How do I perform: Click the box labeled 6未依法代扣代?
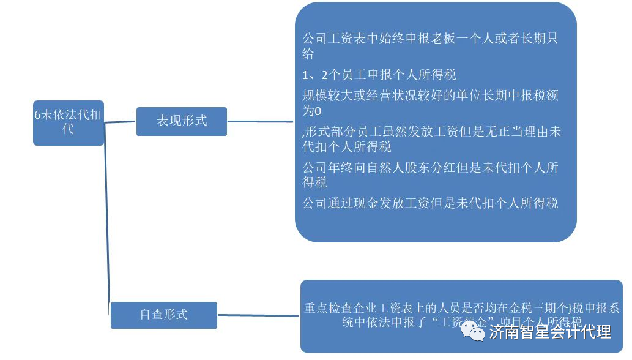[x=69, y=122]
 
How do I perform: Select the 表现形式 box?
[x=181, y=121]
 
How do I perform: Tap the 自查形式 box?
[x=163, y=315]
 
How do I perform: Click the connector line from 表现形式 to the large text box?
[x=260, y=122]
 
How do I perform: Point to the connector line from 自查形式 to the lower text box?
[x=258, y=316]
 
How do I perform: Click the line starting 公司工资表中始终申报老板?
[x=430, y=39]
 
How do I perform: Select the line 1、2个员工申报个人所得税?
[x=379, y=75]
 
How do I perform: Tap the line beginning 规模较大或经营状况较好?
[x=430, y=96]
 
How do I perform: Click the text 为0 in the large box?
[x=311, y=111]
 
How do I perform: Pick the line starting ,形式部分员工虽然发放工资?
[x=431, y=132]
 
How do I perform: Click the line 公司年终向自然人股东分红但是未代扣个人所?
[x=430, y=168]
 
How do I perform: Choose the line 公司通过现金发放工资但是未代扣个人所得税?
[x=430, y=203]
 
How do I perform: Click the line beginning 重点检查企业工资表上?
[x=462, y=308]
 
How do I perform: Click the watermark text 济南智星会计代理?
[x=550, y=332]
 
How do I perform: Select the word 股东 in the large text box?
[x=430, y=168]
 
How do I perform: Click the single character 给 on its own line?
[x=308, y=54]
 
